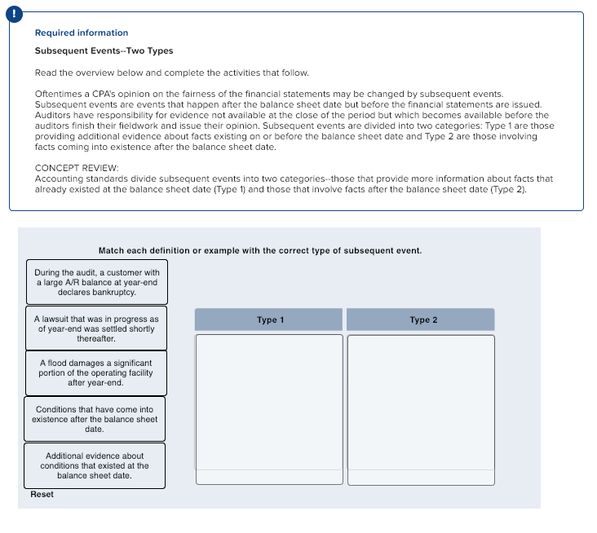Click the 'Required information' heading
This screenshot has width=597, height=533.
click(x=81, y=33)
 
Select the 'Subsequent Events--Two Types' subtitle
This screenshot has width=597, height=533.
click(x=104, y=51)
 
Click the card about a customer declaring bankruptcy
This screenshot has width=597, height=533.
click(x=96, y=282)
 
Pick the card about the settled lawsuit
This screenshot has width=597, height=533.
click(x=96, y=328)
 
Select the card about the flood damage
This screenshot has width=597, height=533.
click(x=95, y=372)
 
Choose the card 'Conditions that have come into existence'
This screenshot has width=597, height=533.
click(x=95, y=418)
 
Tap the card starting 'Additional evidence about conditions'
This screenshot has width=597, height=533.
click(x=95, y=465)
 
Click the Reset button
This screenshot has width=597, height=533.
click(x=42, y=495)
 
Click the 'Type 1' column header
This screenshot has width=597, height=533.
click(x=269, y=319)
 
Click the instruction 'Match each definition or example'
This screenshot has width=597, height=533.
click(x=259, y=250)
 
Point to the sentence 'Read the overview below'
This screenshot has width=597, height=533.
click(x=171, y=73)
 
